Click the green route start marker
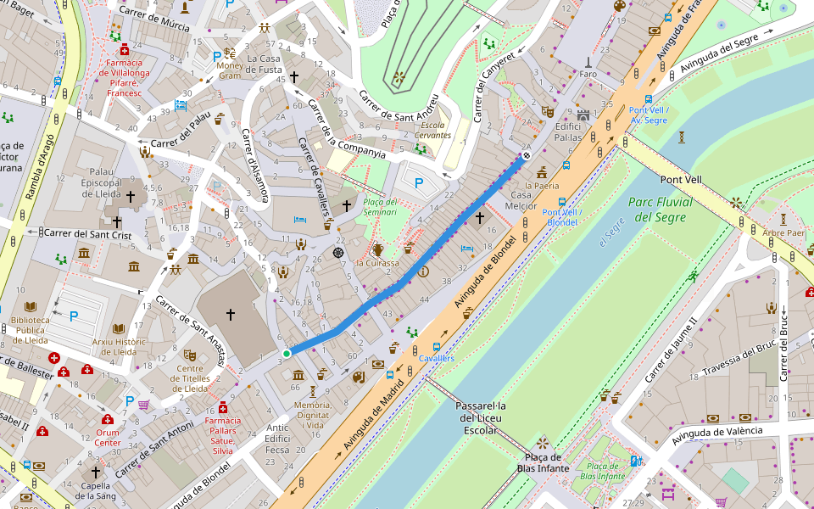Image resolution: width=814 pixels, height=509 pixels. pyautogui.click(x=287, y=353)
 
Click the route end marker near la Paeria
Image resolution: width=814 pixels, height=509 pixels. pyautogui.click(x=527, y=155)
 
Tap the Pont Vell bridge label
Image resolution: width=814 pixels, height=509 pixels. pyautogui.click(x=682, y=180)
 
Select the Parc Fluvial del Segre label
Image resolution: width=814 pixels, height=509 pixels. pyautogui.click(x=661, y=210)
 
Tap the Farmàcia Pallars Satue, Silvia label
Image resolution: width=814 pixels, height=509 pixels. pyautogui.click(x=222, y=435)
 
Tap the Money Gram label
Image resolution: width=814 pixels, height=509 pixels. pyautogui.click(x=230, y=70)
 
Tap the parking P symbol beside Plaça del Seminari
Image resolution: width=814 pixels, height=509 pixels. pyautogui.click(x=419, y=182)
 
